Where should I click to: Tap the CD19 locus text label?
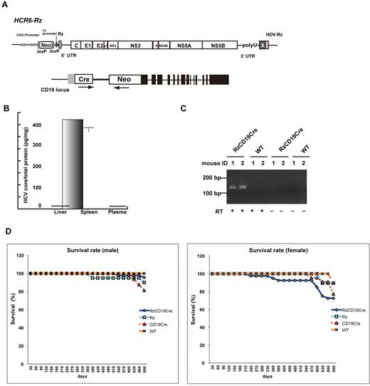point(46,92)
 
